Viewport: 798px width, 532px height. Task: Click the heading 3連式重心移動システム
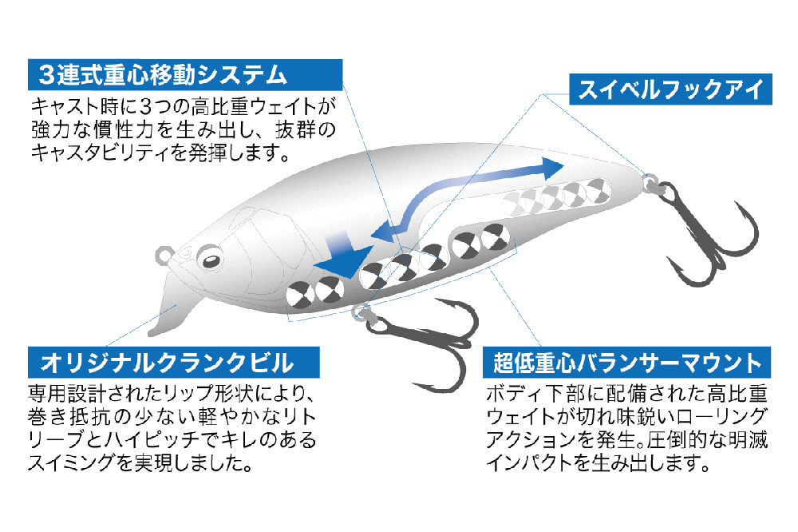point(164,75)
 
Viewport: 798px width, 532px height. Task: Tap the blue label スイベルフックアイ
point(671,89)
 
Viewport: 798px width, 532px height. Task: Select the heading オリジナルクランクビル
point(167,363)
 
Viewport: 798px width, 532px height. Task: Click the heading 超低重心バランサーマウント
point(627,363)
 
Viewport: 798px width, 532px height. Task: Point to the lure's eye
point(210,260)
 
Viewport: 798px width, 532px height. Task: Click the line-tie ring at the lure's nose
point(164,255)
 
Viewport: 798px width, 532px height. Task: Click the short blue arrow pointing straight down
point(344,256)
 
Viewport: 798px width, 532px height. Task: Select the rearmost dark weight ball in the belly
point(496,236)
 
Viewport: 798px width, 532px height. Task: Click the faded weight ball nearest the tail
point(598,191)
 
